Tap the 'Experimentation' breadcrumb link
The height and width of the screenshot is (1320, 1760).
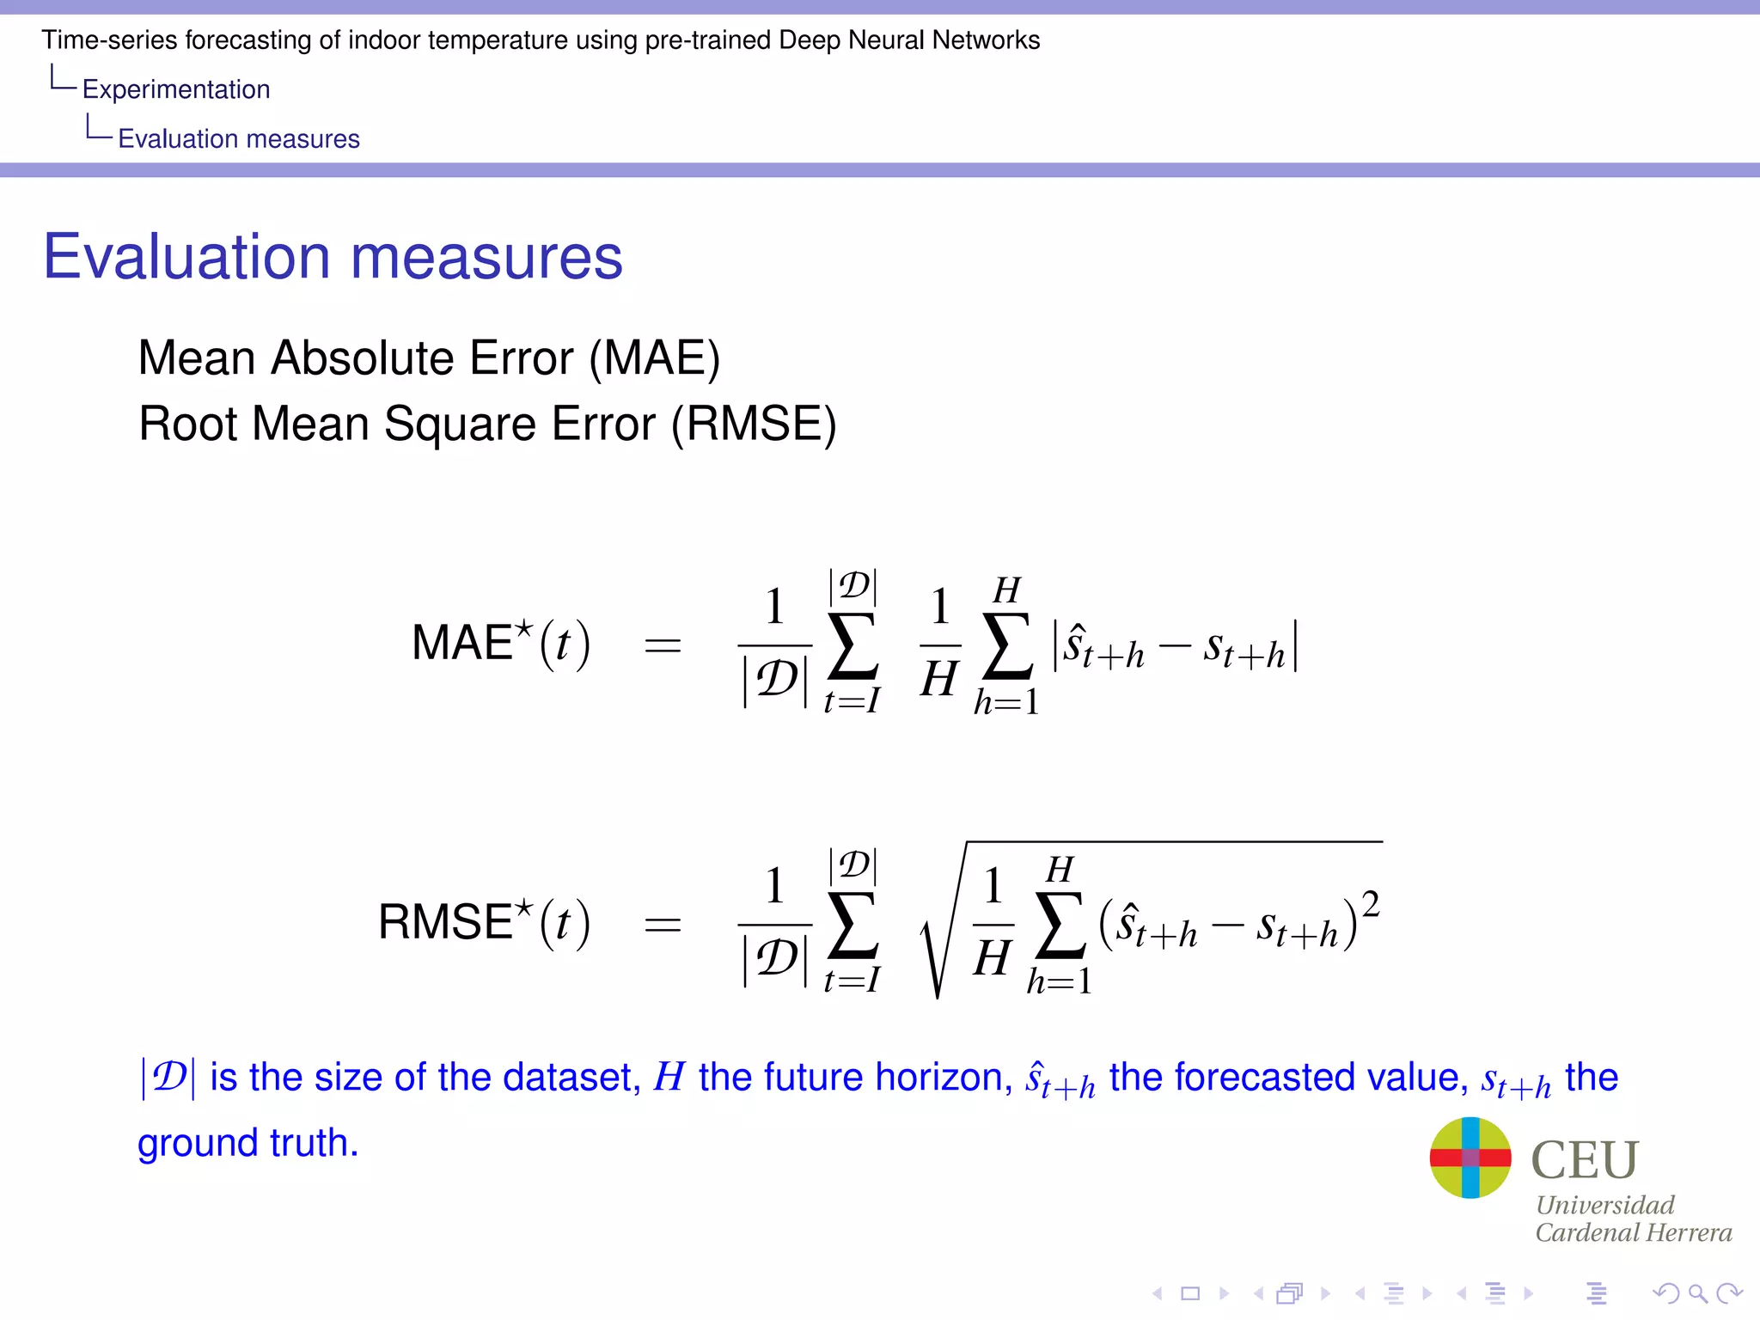(176, 89)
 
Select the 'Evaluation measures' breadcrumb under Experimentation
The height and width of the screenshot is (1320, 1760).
(239, 139)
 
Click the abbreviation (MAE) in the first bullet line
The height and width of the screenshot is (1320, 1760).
(655, 358)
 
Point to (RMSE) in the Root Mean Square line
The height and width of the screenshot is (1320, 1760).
(754, 425)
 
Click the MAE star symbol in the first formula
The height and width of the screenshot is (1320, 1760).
(523, 629)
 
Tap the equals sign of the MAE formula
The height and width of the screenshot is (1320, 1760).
(663, 645)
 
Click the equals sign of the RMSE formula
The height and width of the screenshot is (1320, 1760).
(663, 925)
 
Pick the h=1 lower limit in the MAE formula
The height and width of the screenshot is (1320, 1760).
(1006, 703)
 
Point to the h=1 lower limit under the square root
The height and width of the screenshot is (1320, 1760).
(1059, 981)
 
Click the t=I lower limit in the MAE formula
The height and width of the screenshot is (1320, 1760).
(852, 702)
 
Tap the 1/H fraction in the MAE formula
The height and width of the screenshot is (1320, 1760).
(939, 645)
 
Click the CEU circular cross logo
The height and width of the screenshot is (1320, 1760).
(1470, 1158)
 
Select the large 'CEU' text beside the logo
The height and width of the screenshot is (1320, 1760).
(1585, 1159)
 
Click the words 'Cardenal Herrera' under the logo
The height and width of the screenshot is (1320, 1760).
(1634, 1233)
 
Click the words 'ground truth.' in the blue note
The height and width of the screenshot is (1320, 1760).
(247, 1144)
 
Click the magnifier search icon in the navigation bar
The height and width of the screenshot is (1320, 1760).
(1697, 1293)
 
